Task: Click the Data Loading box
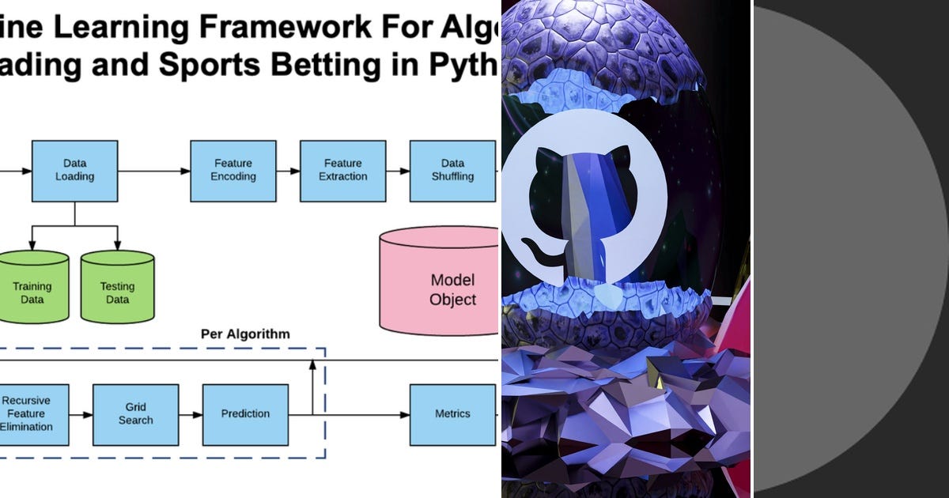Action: click(x=74, y=171)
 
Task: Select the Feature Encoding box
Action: click(x=233, y=171)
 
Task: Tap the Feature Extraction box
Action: click(x=342, y=171)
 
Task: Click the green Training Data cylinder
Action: click(x=32, y=289)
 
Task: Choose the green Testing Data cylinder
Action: click(x=117, y=289)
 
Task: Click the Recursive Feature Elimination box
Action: click(x=28, y=414)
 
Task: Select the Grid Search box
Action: click(x=135, y=414)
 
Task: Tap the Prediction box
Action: click(x=245, y=414)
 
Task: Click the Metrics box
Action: click(x=452, y=414)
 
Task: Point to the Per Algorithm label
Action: click(x=245, y=334)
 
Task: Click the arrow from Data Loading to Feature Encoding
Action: click(x=154, y=171)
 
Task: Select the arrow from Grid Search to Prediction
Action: click(x=191, y=414)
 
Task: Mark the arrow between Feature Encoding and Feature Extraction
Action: click(x=288, y=171)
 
